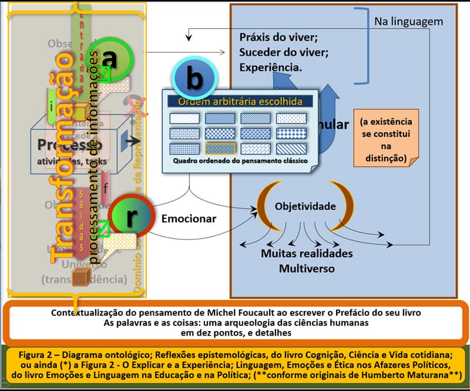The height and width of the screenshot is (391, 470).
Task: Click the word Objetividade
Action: click(305, 206)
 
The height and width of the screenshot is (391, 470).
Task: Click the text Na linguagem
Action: click(408, 22)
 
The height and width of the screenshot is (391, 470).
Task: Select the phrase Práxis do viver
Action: click(278, 38)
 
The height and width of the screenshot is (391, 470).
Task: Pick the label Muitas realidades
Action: click(307, 254)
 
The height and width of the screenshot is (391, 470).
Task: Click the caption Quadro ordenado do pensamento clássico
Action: click(240, 160)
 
